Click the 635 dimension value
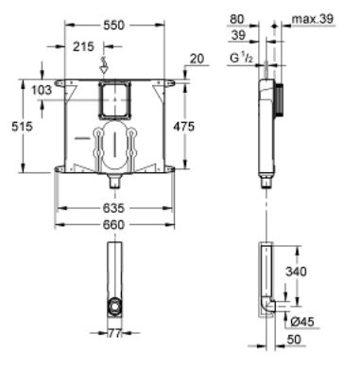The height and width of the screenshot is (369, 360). point(114,200)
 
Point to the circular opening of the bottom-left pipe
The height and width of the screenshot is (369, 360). point(114,307)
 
